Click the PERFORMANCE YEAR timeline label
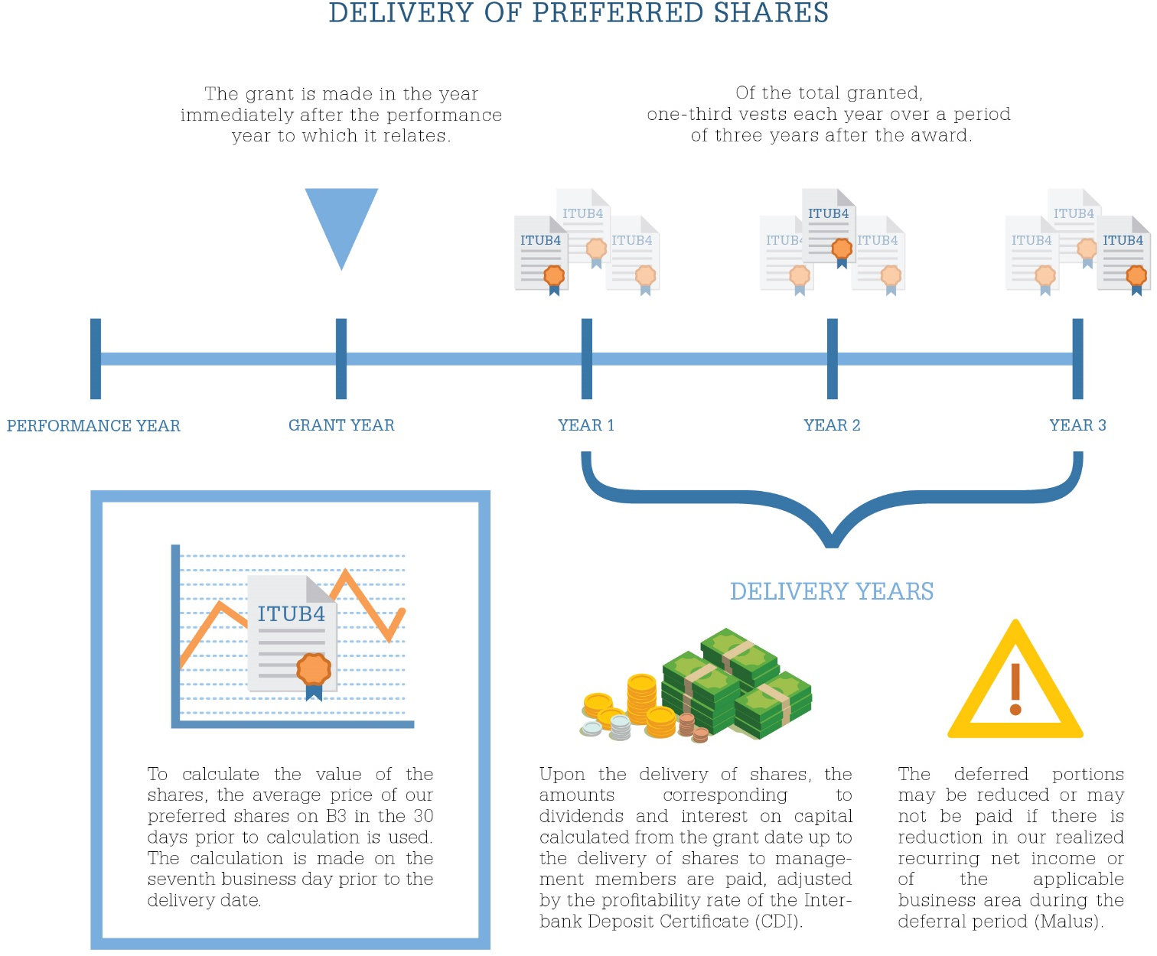pos(93,426)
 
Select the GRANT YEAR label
pos(341,425)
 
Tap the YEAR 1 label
pos(586,425)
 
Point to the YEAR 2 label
pos(832,425)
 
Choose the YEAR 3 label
pos(1077,425)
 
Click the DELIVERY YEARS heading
pos(832,591)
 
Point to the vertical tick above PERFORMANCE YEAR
pos(96,359)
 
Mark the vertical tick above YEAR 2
pos(833,359)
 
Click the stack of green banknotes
pos(735,684)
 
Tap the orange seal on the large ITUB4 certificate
pos(314,668)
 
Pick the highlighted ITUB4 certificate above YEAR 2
pos(829,226)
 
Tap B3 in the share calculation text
pos(336,816)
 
